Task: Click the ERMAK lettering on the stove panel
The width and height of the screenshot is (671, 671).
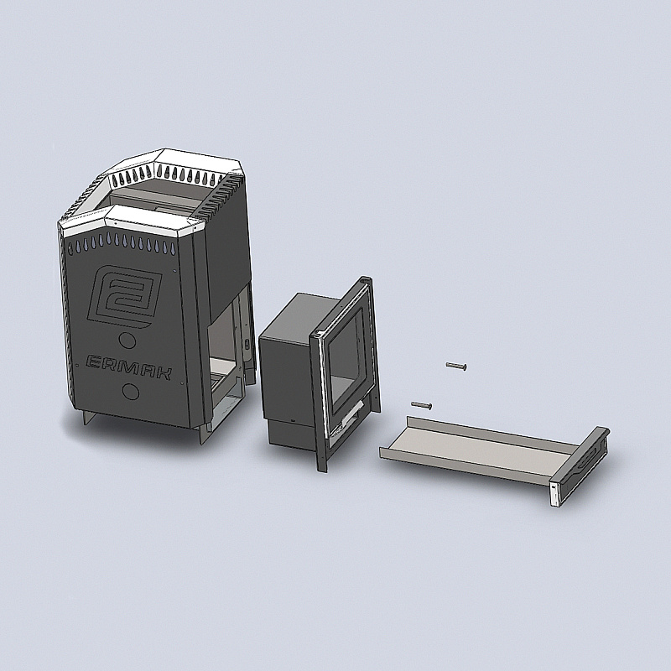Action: (129, 367)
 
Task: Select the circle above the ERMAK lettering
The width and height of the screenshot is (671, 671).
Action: (127, 341)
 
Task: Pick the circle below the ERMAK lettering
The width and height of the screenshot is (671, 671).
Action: (131, 391)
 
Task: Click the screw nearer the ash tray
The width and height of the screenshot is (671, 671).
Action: (422, 405)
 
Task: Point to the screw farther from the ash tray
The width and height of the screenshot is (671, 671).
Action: (456, 366)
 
